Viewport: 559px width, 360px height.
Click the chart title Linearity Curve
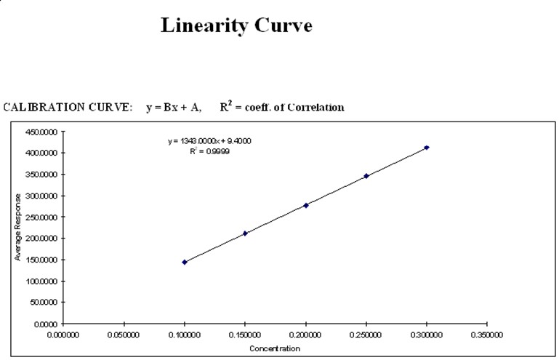click(236, 25)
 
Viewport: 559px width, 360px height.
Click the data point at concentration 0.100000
click(185, 262)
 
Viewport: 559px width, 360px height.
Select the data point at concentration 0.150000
click(245, 233)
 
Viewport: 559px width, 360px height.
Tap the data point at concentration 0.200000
click(306, 205)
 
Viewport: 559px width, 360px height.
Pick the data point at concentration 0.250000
click(366, 176)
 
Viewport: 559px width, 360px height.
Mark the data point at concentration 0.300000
click(427, 148)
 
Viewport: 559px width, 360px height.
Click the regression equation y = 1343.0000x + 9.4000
click(209, 141)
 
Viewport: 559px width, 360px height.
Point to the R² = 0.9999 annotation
click(209, 151)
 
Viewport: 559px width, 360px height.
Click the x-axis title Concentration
click(275, 348)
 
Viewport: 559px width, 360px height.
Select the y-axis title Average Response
click(17, 228)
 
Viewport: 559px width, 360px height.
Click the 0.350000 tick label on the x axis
click(487, 335)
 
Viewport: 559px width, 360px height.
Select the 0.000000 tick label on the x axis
click(63, 335)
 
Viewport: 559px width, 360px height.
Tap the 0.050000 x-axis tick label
click(124, 335)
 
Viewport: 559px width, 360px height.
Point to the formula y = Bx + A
click(174, 108)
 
